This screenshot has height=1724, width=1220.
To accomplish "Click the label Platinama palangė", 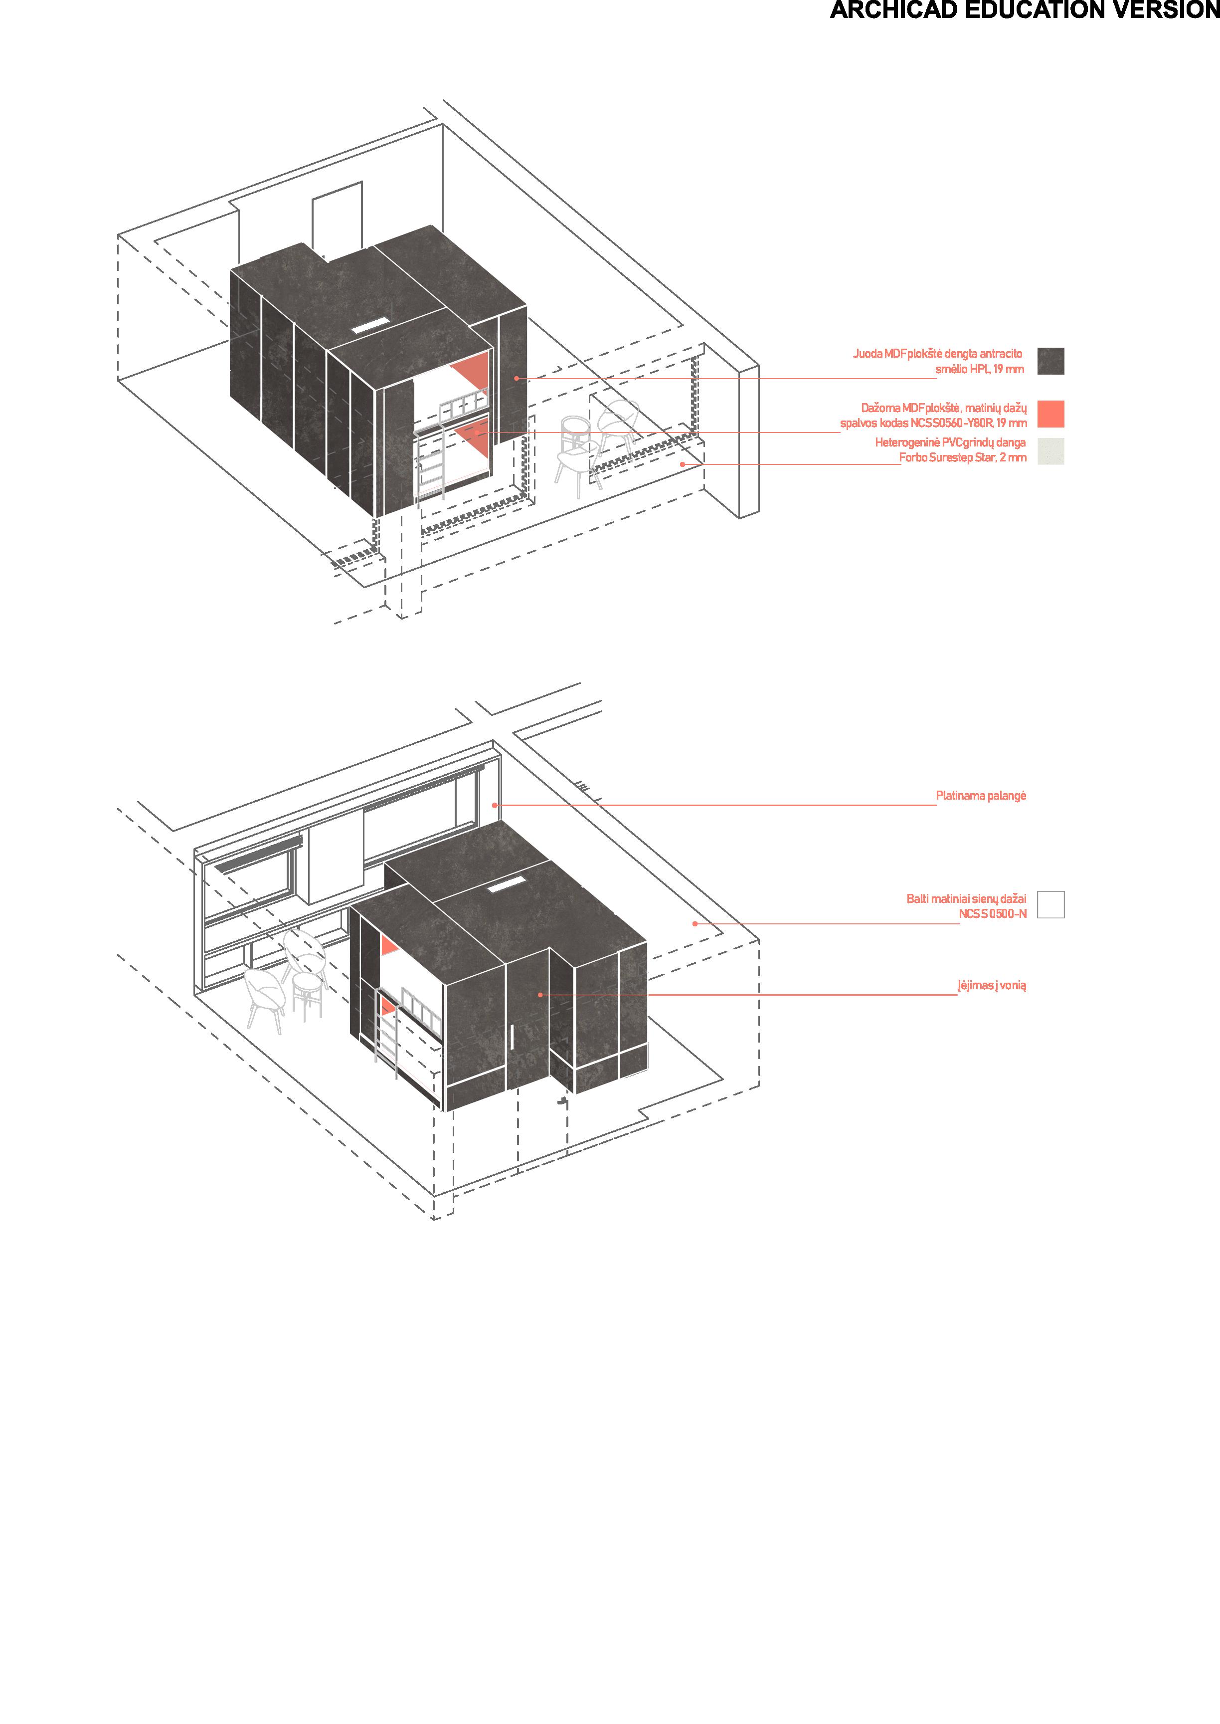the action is click(980, 795).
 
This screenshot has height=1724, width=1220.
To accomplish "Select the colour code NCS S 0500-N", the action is click(992, 914).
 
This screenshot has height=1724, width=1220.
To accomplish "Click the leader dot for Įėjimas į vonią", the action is click(540, 994).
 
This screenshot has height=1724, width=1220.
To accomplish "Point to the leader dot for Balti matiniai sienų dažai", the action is click(695, 924).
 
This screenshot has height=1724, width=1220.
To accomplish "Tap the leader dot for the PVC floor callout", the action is click(682, 464).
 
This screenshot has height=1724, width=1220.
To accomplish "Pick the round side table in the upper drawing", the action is click(577, 436).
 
